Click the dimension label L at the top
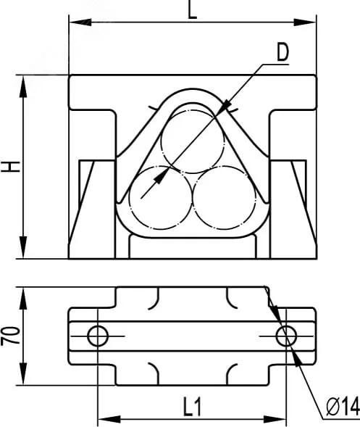(x=193, y=10)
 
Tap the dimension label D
(x=282, y=52)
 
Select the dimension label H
(x=11, y=167)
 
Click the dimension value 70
(x=11, y=336)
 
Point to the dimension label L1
(x=193, y=407)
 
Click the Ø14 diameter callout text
(x=343, y=406)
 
